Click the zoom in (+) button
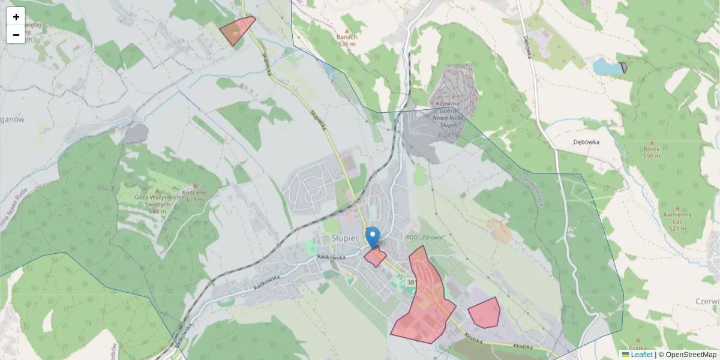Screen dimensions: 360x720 tap(16, 16)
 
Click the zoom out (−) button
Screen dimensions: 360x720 tap(16, 34)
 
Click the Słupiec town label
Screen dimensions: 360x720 tap(345, 238)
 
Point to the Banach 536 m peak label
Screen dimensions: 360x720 tap(347, 40)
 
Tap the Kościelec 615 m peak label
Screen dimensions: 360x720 tap(196, 197)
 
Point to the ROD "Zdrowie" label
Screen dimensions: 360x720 tap(425, 237)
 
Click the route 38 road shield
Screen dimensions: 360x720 tap(410, 281)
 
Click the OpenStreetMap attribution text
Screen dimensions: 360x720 tap(691, 355)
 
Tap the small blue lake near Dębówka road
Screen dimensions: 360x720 tap(607, 67)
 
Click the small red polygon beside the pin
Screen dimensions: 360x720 tap(376, 257)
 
